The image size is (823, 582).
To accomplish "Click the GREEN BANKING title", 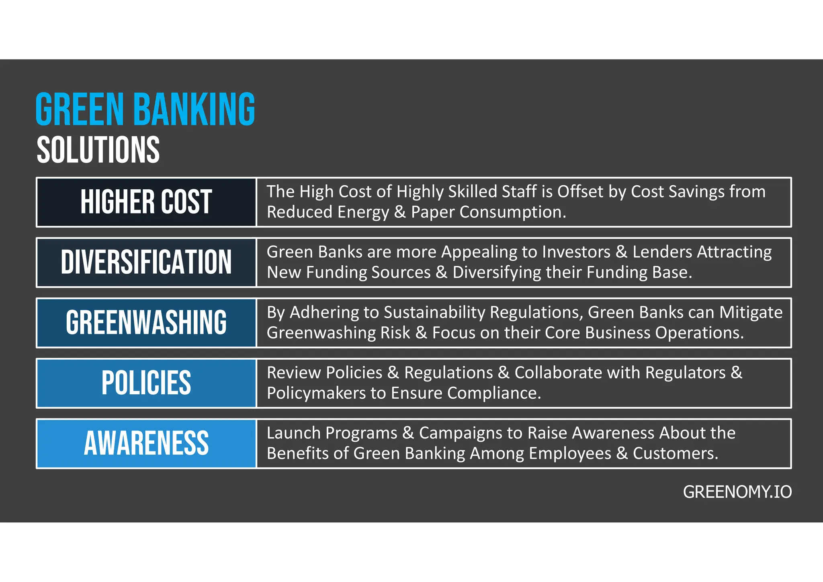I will [145, 109].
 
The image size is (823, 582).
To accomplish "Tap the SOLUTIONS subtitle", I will [98, 150].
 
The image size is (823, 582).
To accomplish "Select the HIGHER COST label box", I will [146, 202].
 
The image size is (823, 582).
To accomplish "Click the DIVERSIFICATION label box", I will [146, 262].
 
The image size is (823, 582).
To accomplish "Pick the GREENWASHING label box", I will [146, 323].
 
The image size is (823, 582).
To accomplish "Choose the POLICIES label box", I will [146, 383].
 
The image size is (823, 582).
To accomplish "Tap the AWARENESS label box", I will [146, 443].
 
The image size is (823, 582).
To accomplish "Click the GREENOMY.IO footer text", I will [737, 492].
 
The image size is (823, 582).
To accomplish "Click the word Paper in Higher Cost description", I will [432, 212].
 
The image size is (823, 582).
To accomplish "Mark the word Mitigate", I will [751, 312].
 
